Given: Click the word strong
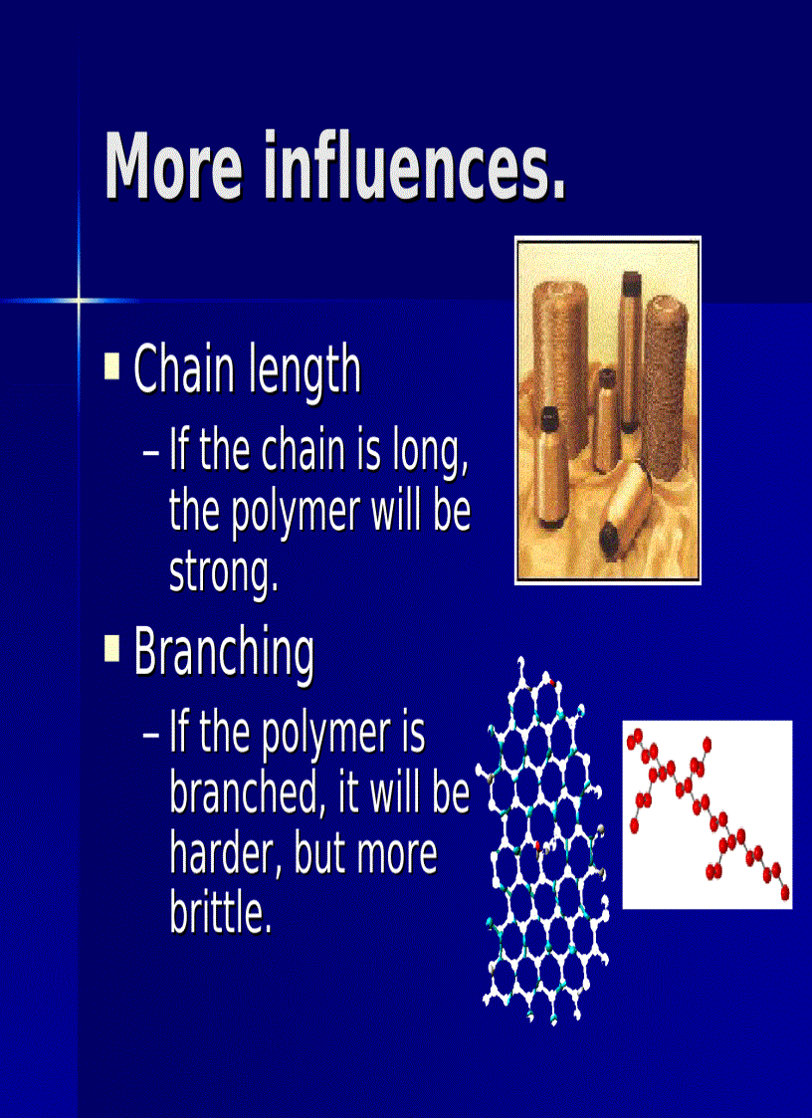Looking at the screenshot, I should (x=223, y=572).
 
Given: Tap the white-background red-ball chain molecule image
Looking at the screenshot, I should (x=708, y=814).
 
